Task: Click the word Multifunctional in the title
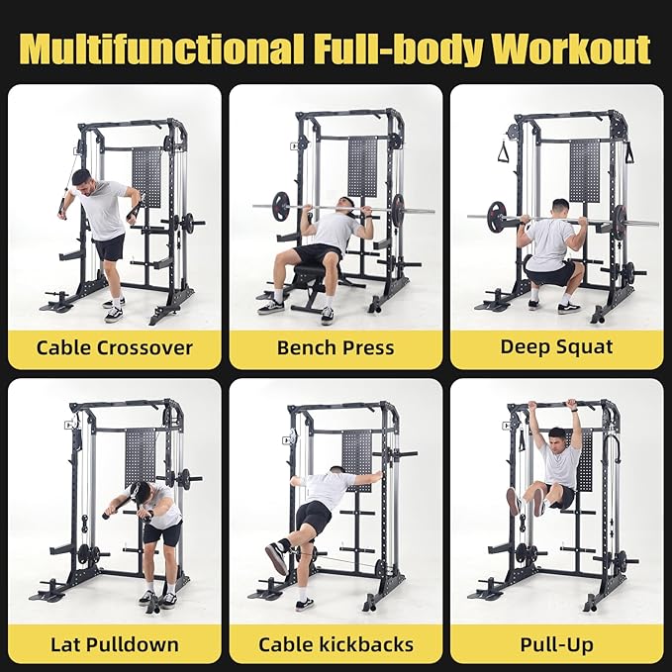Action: tap(161, 47)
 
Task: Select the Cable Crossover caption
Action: tap(114, 347)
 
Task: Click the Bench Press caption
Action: tap(336, 347)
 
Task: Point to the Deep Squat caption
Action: tap(556, 347)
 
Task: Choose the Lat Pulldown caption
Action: tap(114, 645)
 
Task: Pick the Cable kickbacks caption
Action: tap(336, 645)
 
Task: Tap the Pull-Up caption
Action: tap(556, 645)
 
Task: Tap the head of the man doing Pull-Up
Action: tap(557, 436)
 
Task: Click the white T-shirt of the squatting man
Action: tap(549, 241)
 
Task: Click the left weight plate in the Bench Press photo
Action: tap(283, 207)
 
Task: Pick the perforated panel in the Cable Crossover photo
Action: tap(146, 174)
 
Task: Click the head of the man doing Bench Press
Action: tap(345, 206)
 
